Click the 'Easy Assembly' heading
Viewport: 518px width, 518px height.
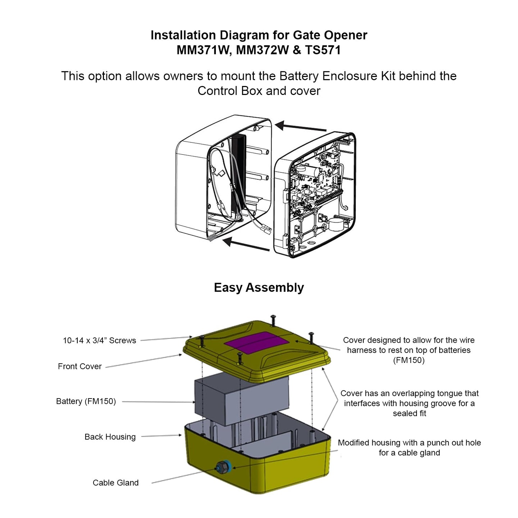coord(259,288)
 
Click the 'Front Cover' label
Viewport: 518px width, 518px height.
coord(79,366)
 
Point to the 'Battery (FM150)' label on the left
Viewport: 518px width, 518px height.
coord(86,401)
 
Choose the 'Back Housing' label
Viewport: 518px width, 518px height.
coord(110,437)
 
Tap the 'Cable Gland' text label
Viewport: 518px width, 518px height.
coord(115,483)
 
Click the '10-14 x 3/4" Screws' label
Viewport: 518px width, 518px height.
coord(99,340)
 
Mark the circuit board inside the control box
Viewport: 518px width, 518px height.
coord(315,180)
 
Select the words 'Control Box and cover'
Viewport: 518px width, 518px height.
coord(259,91)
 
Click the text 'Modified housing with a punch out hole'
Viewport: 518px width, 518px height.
coord(409,443)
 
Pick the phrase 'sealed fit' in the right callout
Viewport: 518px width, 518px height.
coord(409,413)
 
